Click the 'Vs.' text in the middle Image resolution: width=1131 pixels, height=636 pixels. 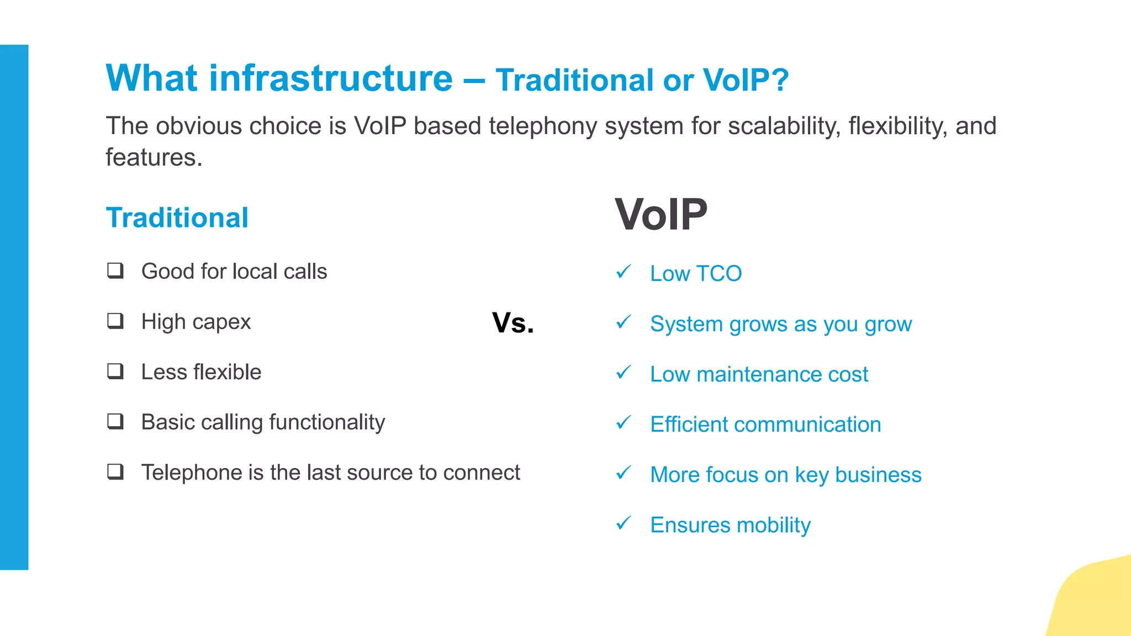[x=512, y=323]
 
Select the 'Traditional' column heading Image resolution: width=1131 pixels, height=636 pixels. [x=177, y=218]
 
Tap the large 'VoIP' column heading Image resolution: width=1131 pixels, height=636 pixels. [x=660, y=215]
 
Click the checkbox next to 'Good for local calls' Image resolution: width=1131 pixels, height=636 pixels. [x=115, y=271]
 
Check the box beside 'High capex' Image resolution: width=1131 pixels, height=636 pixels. [x=115, y=321]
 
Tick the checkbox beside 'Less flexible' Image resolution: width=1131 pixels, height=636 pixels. [x=115, y=371]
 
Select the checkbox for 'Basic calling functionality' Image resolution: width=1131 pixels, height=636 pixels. [x=115, y=421]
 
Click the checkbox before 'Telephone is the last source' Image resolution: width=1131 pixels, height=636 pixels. [x=115, y=471]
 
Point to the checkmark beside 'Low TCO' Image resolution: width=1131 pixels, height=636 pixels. [x=623, y=272]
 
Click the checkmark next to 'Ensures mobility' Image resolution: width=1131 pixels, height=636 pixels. [x=623, y=523]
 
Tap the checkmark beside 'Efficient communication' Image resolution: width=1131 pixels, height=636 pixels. [x=623, y=422]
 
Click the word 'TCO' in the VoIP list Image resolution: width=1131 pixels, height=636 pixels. [x=718, y=274]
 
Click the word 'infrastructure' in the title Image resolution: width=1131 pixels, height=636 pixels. [x=330, y=78]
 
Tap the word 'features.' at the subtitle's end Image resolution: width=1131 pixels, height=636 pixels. [x=154, y=158]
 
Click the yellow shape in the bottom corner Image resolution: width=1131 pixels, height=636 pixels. [x=1096, y=602]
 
